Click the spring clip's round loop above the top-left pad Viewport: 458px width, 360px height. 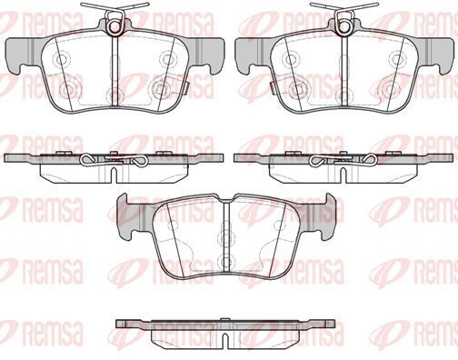tap(114, 26)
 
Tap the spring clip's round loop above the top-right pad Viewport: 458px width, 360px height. tap(344, 26)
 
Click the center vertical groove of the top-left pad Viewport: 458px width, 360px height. tap(114, 71)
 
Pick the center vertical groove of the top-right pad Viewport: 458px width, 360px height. tap(344, 71)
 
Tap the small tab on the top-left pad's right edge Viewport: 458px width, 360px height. tap(187, 86)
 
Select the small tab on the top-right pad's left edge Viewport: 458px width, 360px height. tap(273, 86)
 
